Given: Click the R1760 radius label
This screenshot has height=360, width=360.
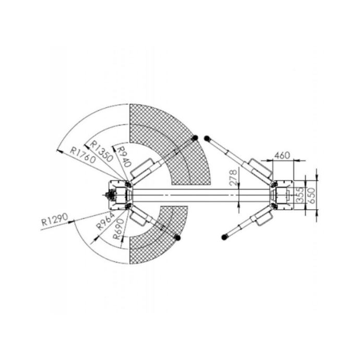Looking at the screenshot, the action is [82, 155].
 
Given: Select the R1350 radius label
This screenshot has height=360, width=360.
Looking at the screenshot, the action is [102, 151].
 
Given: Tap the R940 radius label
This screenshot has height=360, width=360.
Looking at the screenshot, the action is [124, 157].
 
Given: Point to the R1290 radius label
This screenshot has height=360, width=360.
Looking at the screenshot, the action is [55, 219].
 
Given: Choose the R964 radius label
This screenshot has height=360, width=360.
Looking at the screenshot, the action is [105, 221].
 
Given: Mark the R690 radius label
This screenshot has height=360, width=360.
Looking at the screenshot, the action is [119, 229].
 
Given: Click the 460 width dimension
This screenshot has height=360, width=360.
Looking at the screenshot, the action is [282, 155].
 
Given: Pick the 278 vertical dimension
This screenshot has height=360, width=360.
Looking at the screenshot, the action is [233, 177].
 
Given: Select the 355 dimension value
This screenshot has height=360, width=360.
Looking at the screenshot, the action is [301, 195].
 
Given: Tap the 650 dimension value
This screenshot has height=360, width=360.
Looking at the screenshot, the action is [312, 196].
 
